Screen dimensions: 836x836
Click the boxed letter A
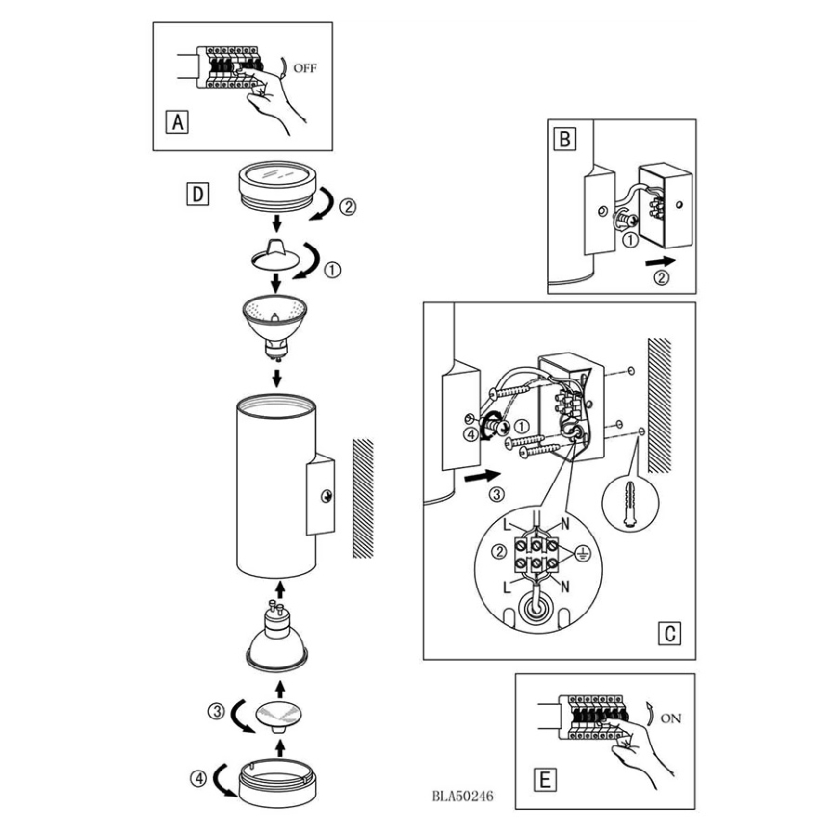click(177, 122)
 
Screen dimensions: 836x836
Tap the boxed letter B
click(565, 139)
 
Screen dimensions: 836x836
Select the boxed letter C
click(669, 633)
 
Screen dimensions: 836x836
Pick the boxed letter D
click(197, 195)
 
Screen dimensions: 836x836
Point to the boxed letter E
click(544, 779)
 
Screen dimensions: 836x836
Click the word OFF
click(304, 68)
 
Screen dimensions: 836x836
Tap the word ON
click(670, 718)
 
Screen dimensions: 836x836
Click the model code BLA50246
click(462, 796)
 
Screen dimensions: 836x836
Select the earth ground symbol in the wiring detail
click(581, 555)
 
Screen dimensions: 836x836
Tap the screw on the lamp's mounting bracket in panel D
click(326, 496)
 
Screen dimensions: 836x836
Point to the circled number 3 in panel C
click(496, 494)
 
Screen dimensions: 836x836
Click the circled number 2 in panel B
click(661, 277)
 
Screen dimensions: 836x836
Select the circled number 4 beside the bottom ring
click(197, 779)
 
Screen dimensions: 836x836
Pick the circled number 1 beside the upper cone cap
click(332, 271)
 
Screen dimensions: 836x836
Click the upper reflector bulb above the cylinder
click(274, 327)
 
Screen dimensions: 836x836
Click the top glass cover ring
click(276, 186)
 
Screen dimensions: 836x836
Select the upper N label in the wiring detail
click(565, 524)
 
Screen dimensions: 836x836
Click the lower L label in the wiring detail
click(507, 588)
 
